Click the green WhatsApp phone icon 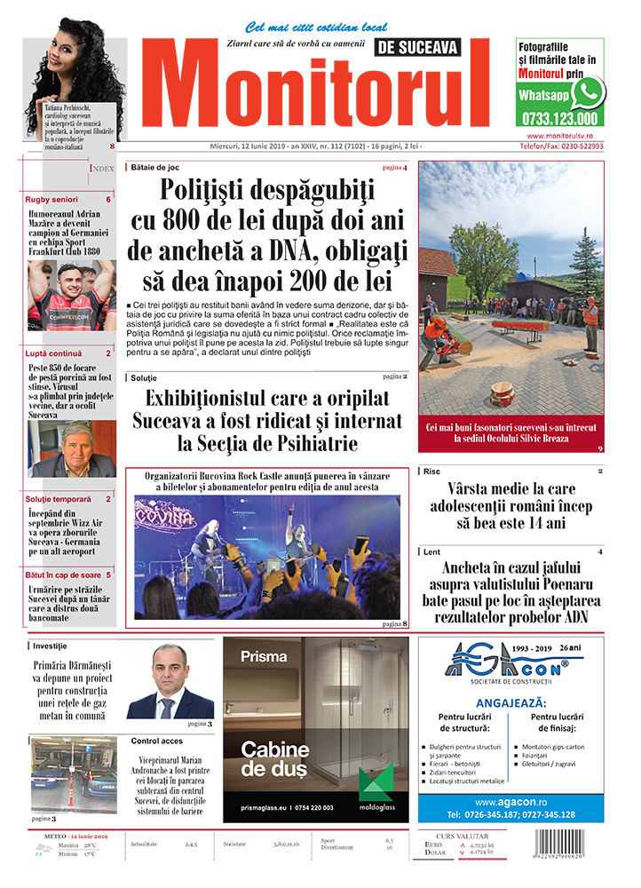[x=588, y=92]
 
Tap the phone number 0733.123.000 [x=560, y=118]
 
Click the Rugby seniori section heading [x=51, y=200]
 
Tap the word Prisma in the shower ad [x=264, y=658]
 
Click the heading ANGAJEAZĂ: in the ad [x=510, y=702]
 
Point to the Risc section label [x=432, y=472]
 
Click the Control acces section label [x=156, y=741]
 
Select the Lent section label [x=432, y=552]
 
